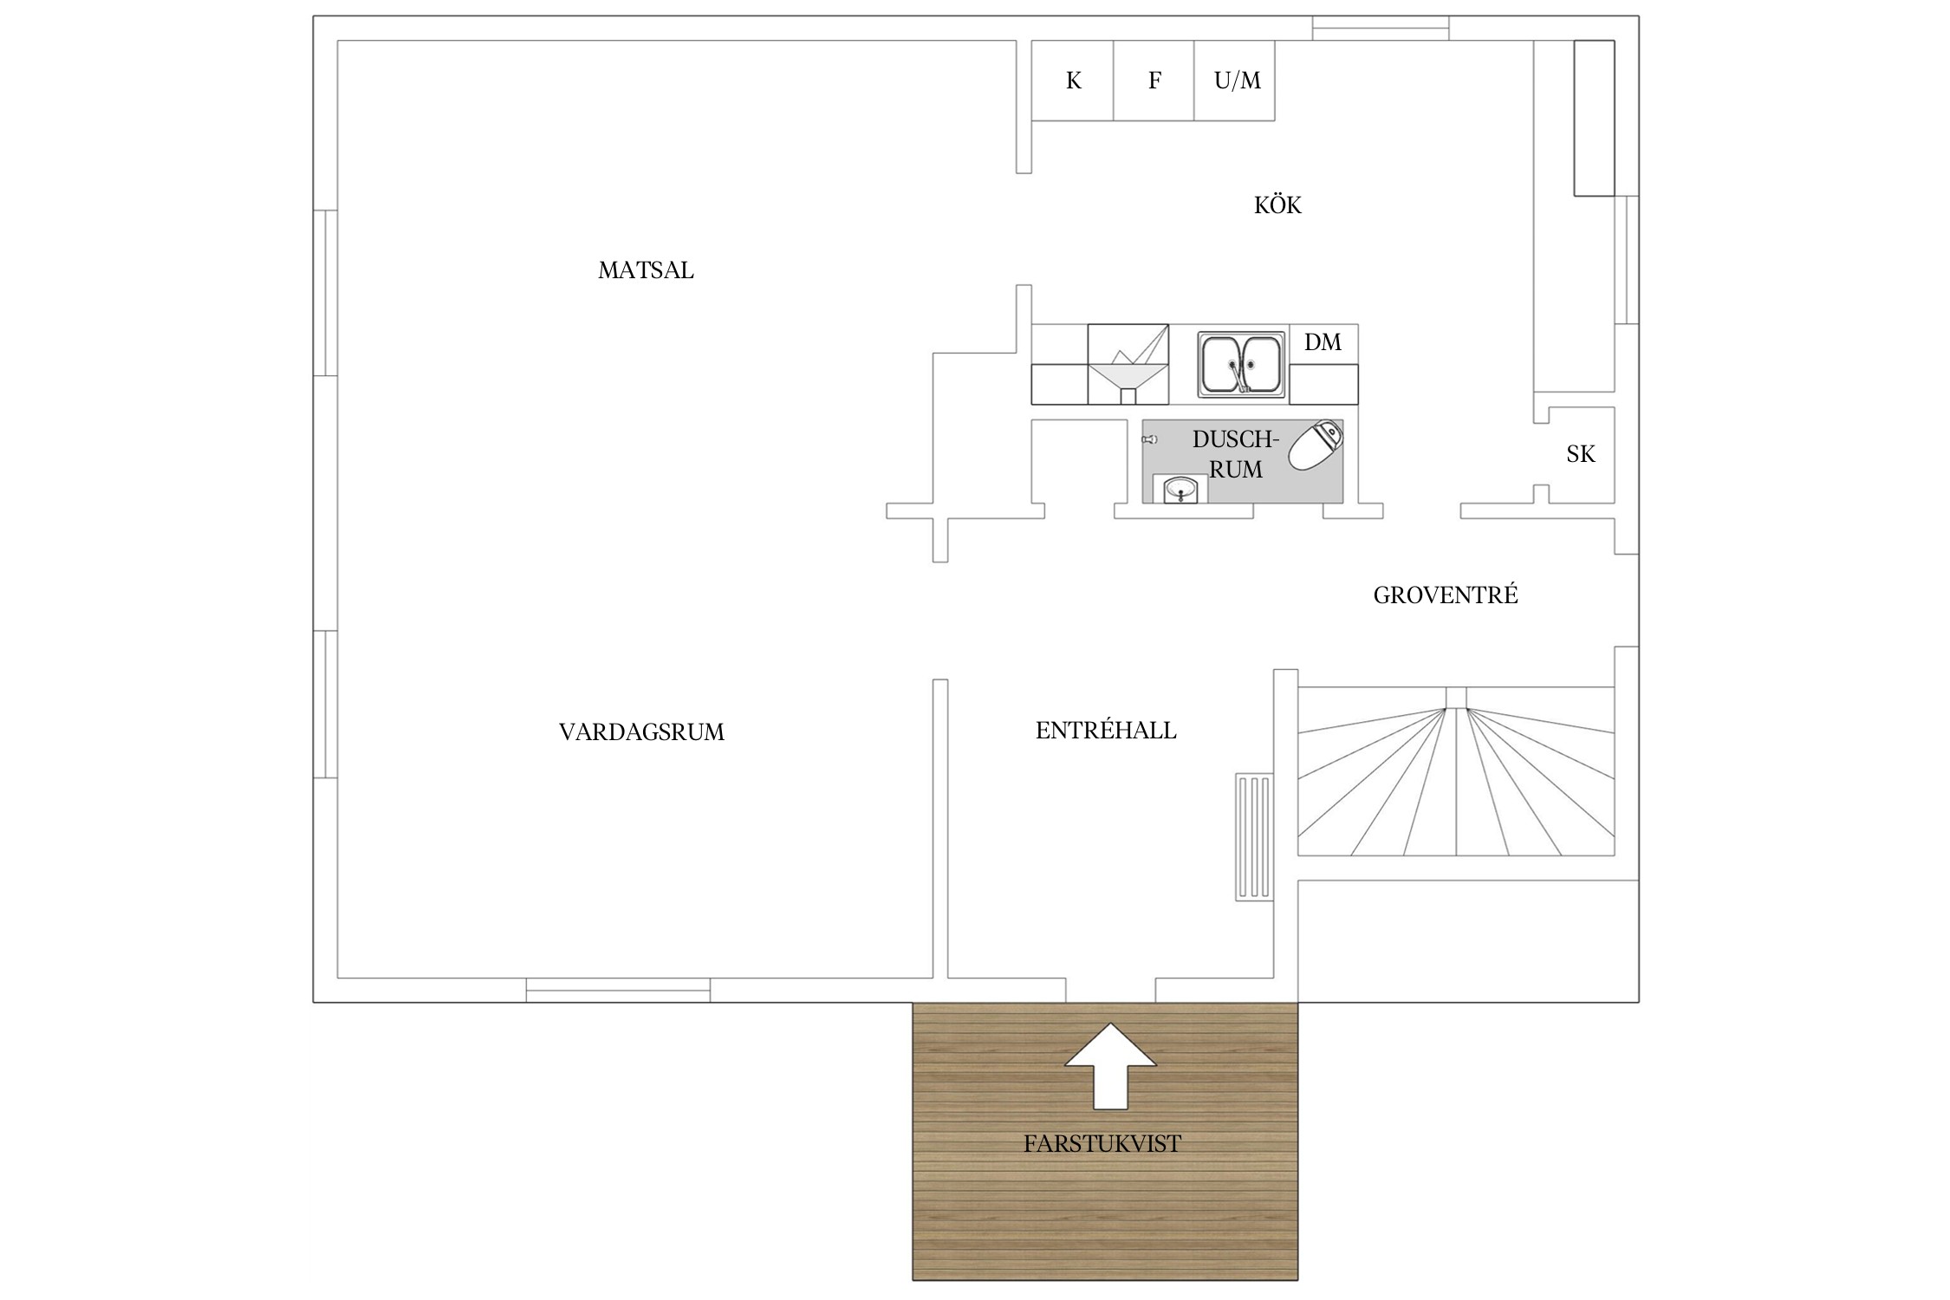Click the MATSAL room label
tap(646, 270)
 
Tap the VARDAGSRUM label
tap(641, 732)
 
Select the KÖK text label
tap(1277, 205)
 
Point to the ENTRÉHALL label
tap(1106, 730)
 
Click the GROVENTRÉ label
tap(1446, 595)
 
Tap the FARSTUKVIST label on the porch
tap(1102, 1144)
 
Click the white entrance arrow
tap(1110, 1065)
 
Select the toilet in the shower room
tap(1315, 445)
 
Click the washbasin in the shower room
tap(1180, 490)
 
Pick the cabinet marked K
tap(1072, 81)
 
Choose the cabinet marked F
tap(1154, 81)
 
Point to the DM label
tap(1323, 342)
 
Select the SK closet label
tap(1581, 454)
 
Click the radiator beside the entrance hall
tap(1254, 836)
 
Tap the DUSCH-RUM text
tap(1236, 454)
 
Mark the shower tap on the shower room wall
tap(1149, 440)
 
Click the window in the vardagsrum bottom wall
tap(618, 990)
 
